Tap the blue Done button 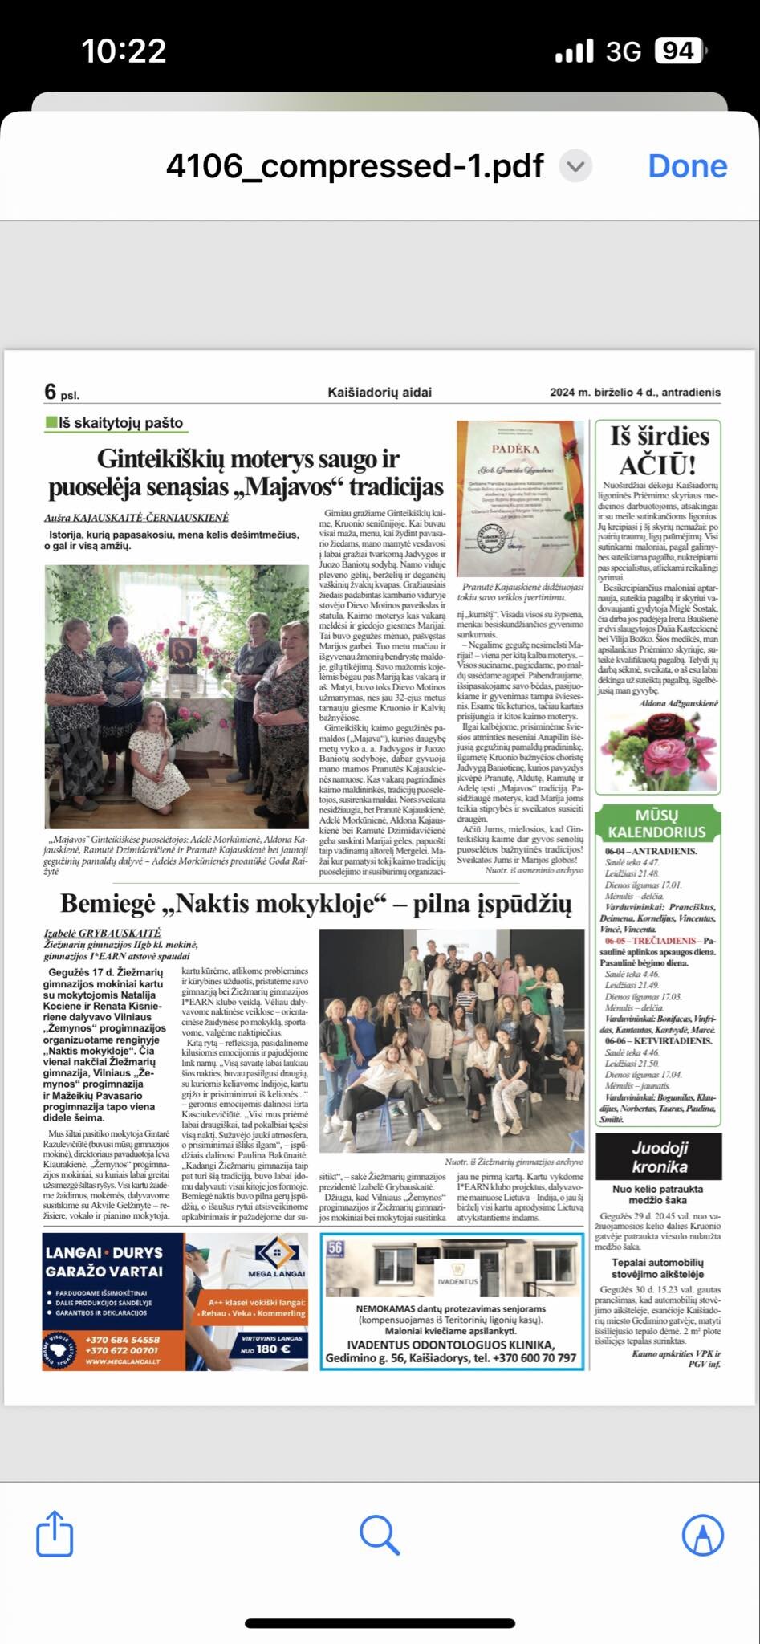tap(687, 166)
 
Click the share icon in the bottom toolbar tap(55, 1535)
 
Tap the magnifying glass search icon tap(380, 1535)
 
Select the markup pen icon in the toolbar tap(703, 1535)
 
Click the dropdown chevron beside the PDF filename tap(575, 166)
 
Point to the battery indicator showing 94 tap(679, 51)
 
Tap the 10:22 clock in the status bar tap(124, 51)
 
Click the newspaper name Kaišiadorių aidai tap(380, 393)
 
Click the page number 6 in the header tap(51, 392)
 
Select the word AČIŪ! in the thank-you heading tap(657, 465)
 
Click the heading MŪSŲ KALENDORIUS tap(657, 824)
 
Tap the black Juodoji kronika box tap(659, 1157)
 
